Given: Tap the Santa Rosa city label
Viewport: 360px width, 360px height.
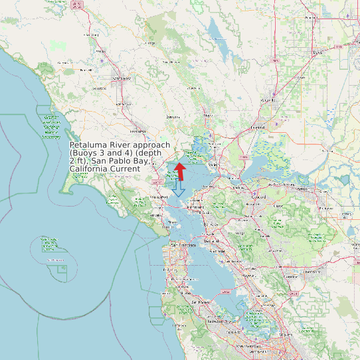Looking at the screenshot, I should tap(121, 78).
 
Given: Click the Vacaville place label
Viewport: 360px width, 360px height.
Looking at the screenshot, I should tap(268, 100).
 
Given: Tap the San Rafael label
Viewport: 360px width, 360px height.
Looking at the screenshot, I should tap(159, 197).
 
